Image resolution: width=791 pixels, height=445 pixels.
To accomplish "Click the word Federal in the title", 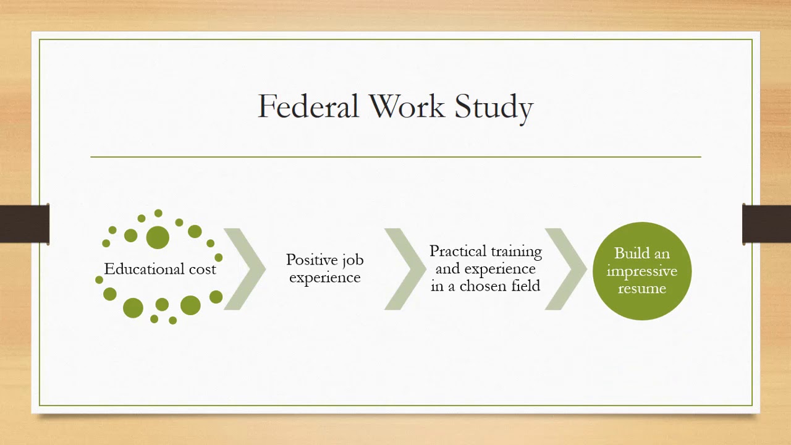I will [x=308, y=106].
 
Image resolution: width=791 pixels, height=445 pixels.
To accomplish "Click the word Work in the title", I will [x=406, y=106].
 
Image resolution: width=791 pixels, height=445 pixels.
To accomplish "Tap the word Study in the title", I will [x=494, y=108].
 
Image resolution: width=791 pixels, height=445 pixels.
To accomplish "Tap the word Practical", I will [x=457, y=252].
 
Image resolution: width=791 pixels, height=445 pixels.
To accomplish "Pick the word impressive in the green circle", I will [x=641, y=271].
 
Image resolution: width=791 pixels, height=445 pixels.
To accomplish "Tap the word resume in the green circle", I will [x=641, y=288].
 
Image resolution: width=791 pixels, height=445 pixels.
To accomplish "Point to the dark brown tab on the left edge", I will [x=25, y=224].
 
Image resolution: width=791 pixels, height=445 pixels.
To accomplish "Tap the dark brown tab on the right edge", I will [x=766, y=224].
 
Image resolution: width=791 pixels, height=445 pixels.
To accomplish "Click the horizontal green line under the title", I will [x=395, y=157].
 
